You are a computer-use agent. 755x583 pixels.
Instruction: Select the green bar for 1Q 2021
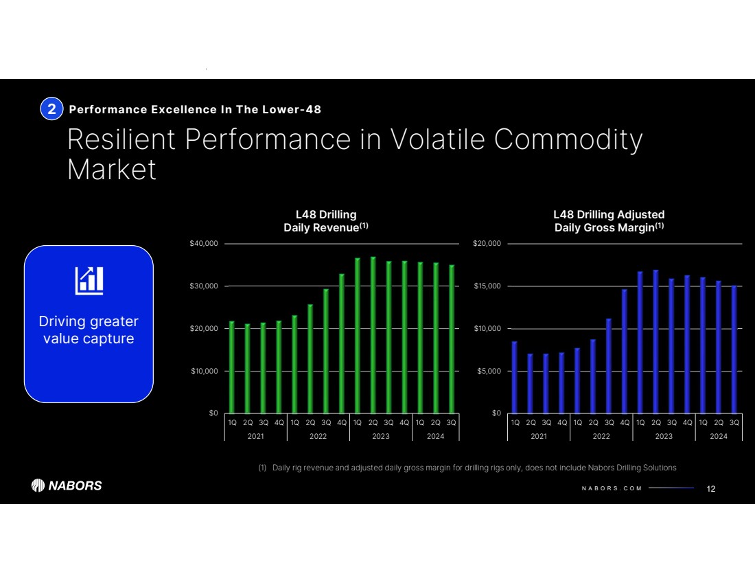pos(232,367)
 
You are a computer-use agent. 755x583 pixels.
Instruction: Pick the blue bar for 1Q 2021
pos(515,377)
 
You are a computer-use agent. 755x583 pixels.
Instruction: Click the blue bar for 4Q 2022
pos(625,351)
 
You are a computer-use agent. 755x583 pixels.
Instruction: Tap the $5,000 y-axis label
pos(488,371)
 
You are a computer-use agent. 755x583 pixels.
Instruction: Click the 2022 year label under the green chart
pos(318,436)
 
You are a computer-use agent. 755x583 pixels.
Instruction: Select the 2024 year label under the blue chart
pos(719,436)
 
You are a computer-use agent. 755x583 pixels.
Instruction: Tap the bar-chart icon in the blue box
pos(89,279)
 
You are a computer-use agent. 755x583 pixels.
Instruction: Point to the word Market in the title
pos(112,170)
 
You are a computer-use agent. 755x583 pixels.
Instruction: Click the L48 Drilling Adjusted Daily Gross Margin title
pos(609,220)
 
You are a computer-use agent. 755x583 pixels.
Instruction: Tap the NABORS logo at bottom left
pos(67,485)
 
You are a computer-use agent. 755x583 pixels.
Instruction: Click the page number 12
pos(711,488)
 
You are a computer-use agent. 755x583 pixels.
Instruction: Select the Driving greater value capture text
pos(89,330)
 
